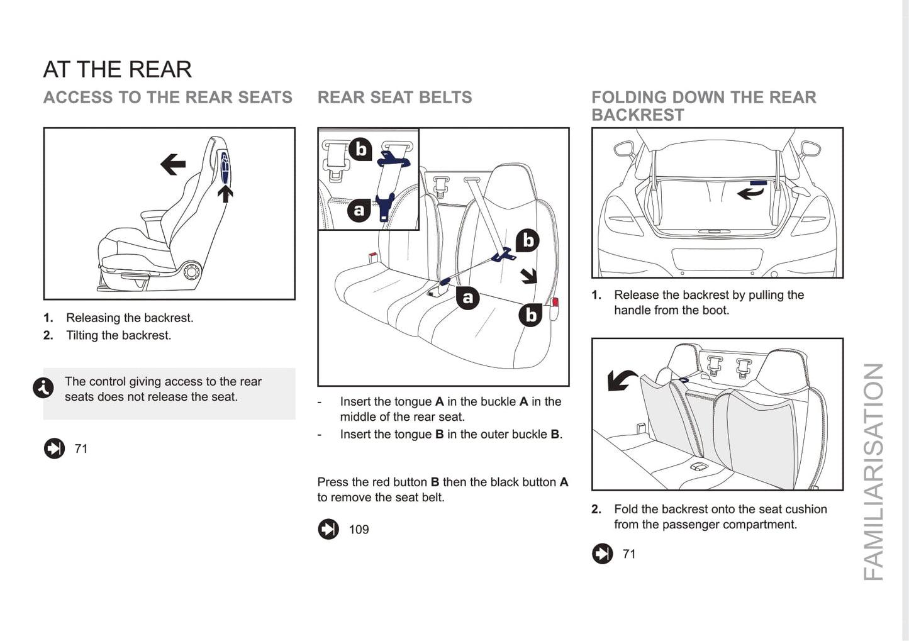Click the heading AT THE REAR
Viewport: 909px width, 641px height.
(x=117, y=69)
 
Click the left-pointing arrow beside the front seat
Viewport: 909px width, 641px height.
(x=173, y=165)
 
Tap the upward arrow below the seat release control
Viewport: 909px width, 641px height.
(x=225, y=194)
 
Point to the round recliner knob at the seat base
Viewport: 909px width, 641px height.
(x=191, y=272)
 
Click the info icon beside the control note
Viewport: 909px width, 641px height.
(x=43, y=388)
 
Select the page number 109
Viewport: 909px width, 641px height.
(x=359, y=530)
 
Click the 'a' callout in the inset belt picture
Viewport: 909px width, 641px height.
(x=359, y=210)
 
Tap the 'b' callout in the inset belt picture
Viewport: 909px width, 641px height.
(x=360, y=149)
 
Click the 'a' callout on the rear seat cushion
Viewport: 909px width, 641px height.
(x=467, y=298)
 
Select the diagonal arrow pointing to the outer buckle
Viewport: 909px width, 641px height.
(x=528, y=276)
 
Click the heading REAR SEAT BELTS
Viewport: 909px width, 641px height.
(x=394, y=98)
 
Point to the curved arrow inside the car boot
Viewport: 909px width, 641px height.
(x=750, y=192)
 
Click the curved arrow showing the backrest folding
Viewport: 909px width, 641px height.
(x=620, y=379)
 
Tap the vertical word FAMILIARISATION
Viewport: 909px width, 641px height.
(x=874, y=472)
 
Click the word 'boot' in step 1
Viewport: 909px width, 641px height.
(x=714, y=310)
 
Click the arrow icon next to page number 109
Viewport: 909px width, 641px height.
(x=328, y=530)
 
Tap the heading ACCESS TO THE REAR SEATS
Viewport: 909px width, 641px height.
(x=167, y=98)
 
